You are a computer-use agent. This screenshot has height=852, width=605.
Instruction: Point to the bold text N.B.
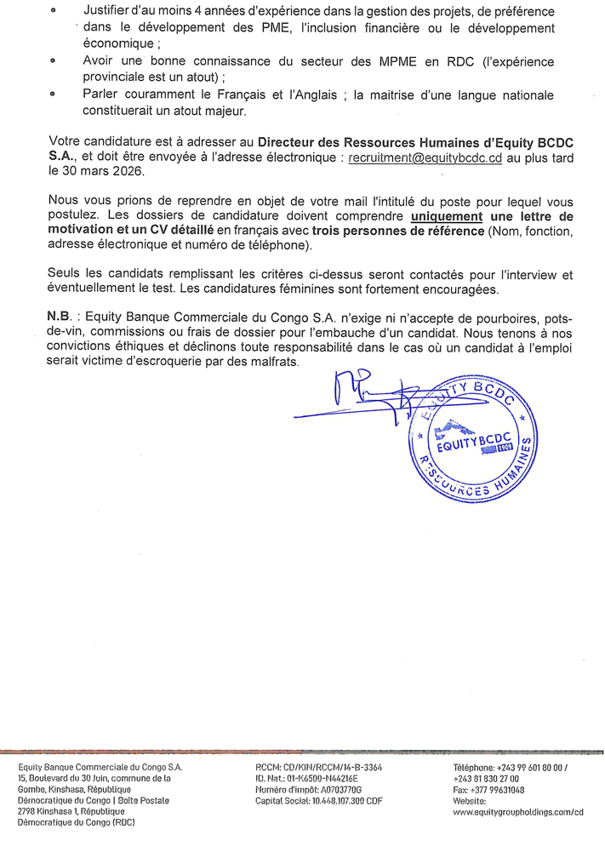[x=60, y=315]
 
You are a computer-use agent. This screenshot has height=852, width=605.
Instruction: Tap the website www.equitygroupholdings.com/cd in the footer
[x=518, y=813]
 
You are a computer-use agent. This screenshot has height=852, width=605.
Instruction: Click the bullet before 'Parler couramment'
[x=54, y=96]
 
